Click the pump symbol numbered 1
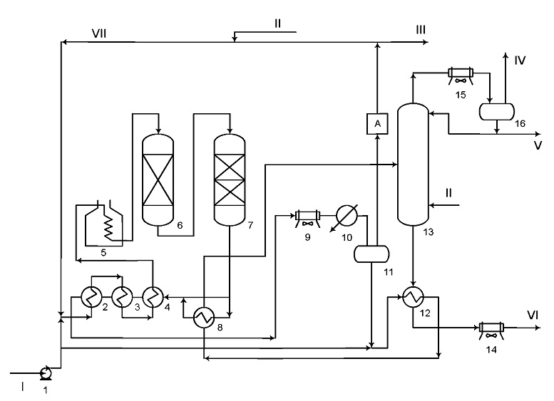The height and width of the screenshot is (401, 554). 45,373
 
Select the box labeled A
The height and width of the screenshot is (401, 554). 377,123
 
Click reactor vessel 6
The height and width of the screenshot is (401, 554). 158,180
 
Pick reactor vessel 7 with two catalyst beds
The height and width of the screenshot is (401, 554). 230,180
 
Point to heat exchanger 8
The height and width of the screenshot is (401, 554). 204,318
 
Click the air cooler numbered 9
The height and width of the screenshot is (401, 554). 308,217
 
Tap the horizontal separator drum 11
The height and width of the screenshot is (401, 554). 371,254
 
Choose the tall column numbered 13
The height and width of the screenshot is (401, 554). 413,164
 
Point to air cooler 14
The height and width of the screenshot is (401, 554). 491,330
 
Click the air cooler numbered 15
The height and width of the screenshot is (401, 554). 461,75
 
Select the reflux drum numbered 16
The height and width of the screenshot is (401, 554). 497,112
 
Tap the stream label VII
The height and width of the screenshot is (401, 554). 99,33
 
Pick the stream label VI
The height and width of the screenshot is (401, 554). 533,315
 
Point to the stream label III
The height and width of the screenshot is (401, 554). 421,30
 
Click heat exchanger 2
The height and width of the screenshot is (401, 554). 91,296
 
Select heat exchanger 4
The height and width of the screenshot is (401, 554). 153,296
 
